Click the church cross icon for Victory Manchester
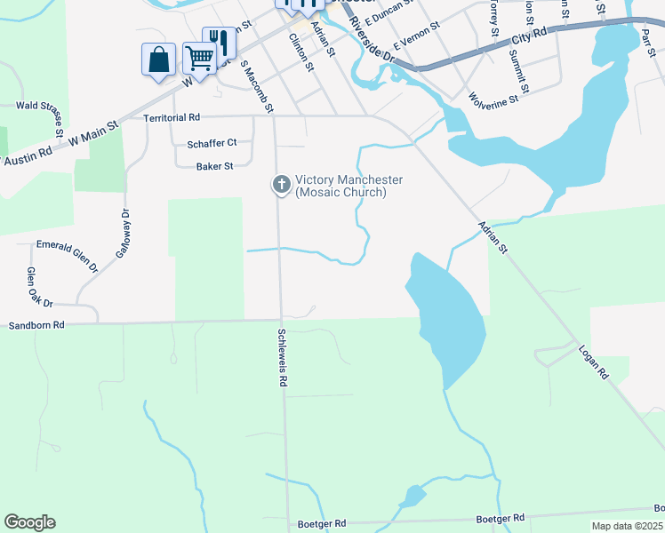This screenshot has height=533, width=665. click(281, 185)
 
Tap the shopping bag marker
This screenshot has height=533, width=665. click(158, 60)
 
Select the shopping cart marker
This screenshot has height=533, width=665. click(199, 60)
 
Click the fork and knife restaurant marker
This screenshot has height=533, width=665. click(219, 43)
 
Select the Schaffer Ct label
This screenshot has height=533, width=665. click(212, 142)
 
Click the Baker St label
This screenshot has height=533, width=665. click(214, 165)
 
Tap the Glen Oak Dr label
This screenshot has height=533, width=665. click(40, 287)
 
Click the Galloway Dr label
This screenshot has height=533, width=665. click(123, 233)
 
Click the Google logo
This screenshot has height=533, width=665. click(29, 522)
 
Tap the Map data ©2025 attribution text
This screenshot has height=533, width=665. click(628, 526)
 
